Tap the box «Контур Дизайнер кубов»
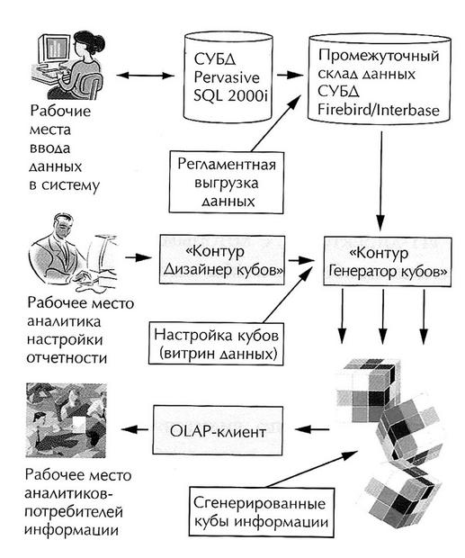pyautogui.click(x=220, y=256)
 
